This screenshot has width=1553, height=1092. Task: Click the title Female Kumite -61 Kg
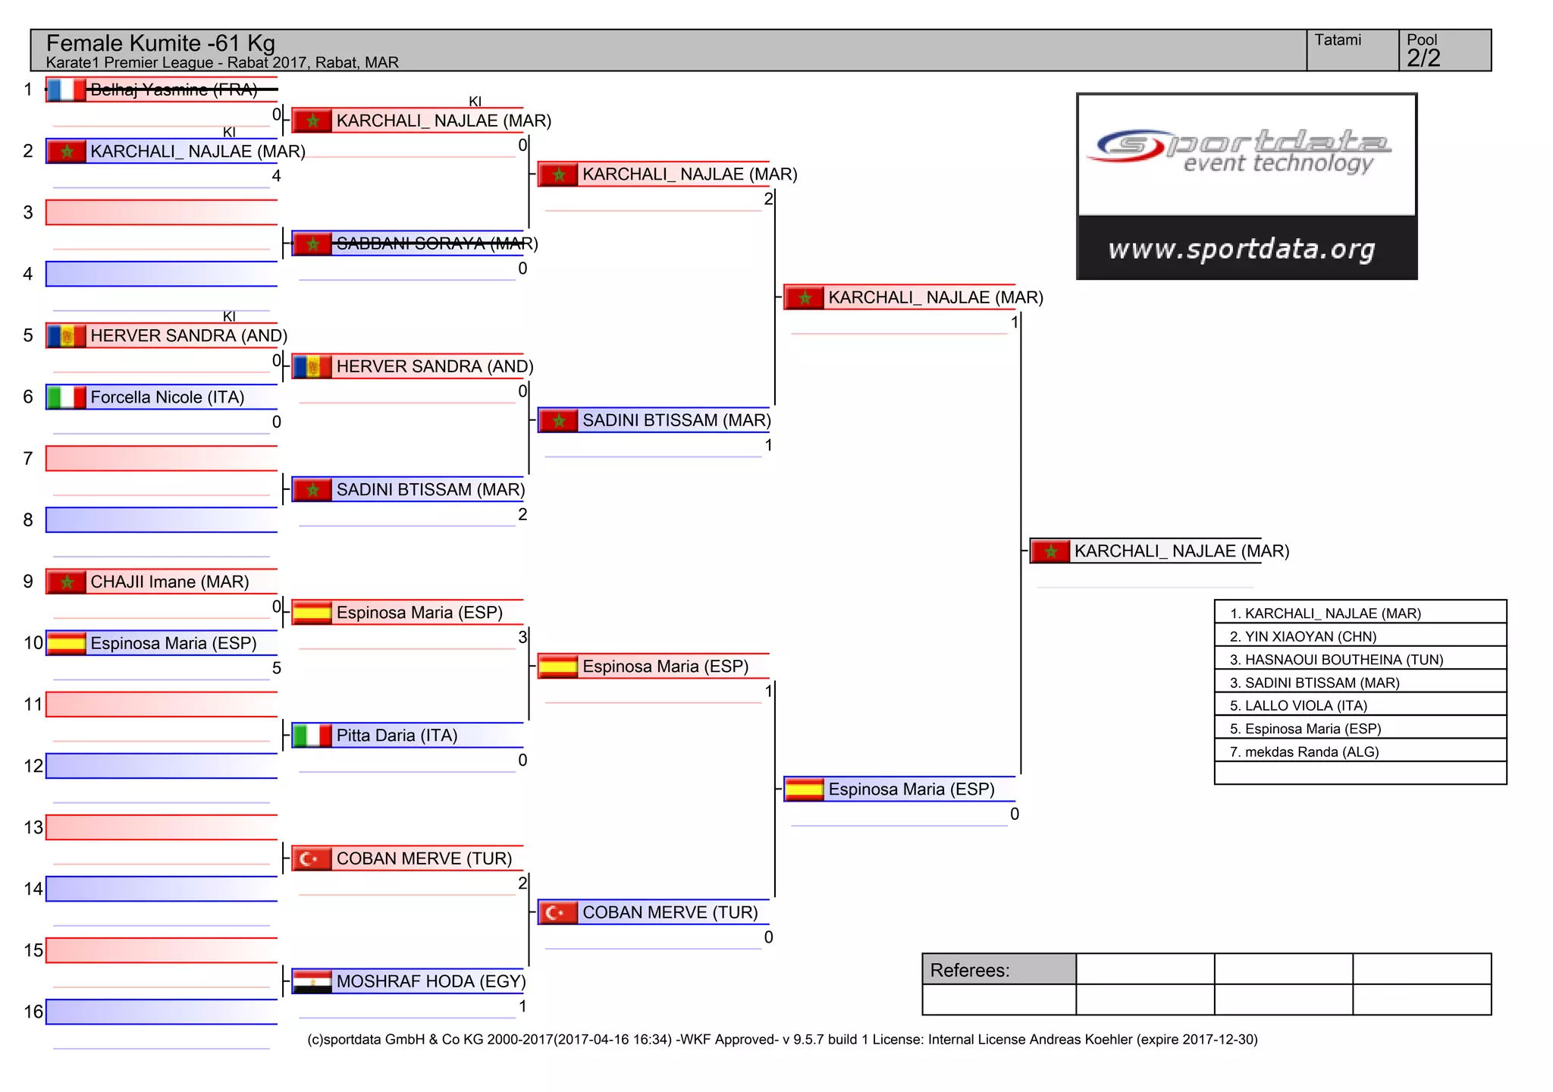click(x=160, y=43)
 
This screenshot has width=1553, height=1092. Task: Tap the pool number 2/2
click(x=1423, y=58)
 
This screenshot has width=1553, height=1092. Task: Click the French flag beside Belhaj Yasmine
click(x=66, y=89)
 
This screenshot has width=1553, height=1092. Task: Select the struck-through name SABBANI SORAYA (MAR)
click(x=436, y=243)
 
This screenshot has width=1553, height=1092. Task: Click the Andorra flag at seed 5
click(x=66, y=335)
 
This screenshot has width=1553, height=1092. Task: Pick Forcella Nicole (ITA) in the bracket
click(x=167, y=397)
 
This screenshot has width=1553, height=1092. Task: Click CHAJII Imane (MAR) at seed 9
click(x=169, y=582)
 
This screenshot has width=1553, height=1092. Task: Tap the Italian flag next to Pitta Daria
click(x=312, y=736)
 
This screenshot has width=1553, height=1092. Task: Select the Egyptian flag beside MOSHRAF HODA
click(x=312, y=981)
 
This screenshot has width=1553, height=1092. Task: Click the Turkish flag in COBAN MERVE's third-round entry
click(x=558, y=912)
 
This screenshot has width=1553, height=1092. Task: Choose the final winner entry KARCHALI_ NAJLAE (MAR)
click(x=1181, y=551)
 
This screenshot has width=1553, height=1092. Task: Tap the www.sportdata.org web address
click(x=1241, y=249)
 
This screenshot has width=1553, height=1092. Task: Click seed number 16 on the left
click(x=33, y=1012)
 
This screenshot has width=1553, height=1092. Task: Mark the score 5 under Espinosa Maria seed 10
click(x=276, y=668)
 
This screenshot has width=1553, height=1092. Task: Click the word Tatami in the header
click(x=1337, y=40)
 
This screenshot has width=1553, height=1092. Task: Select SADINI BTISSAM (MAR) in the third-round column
click(x=676, y=420)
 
